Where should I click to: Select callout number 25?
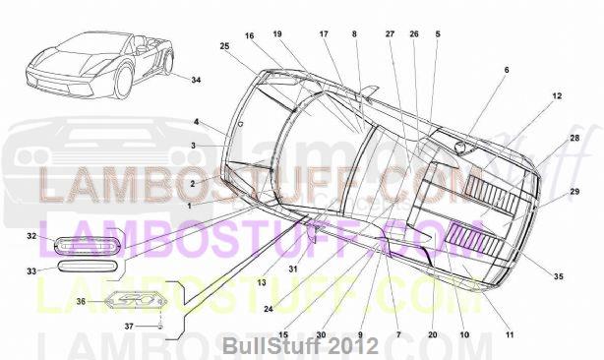(224, 46)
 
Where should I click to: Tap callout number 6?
(507, 70)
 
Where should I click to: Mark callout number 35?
(559, 277)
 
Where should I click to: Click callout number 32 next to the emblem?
(31, 236)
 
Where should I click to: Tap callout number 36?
(81, 302)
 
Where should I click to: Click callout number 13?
(262, 282)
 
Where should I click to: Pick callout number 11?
(510, 335)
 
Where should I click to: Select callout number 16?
(250, 35)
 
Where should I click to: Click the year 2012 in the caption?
(355, 346)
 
